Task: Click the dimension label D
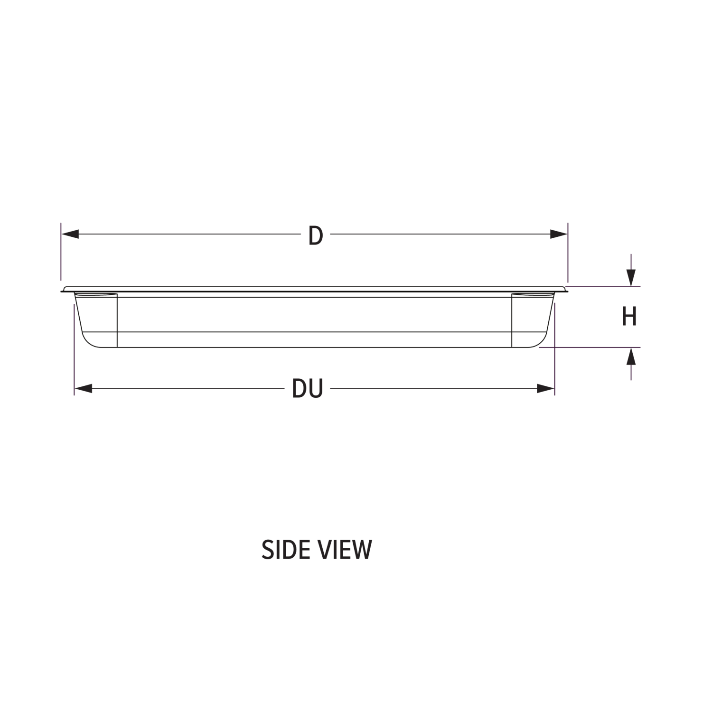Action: point(316,235)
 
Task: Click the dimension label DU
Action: point(308,389)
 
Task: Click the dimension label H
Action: point(629,317)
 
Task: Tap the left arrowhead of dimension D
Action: point(70,234)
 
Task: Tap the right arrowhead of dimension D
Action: point(559,234)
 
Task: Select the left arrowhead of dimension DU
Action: point(83,389)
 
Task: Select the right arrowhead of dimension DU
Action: point(546,389)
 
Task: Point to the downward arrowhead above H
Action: point(631,278)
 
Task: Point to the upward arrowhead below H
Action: point(631,356)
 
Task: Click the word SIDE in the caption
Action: point(285,550)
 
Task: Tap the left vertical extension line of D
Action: point(61,252)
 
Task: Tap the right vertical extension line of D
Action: point(568,252)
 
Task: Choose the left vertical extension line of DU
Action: point(75,349)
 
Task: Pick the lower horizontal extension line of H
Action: point(590,347)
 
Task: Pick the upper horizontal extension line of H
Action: point(604,287)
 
